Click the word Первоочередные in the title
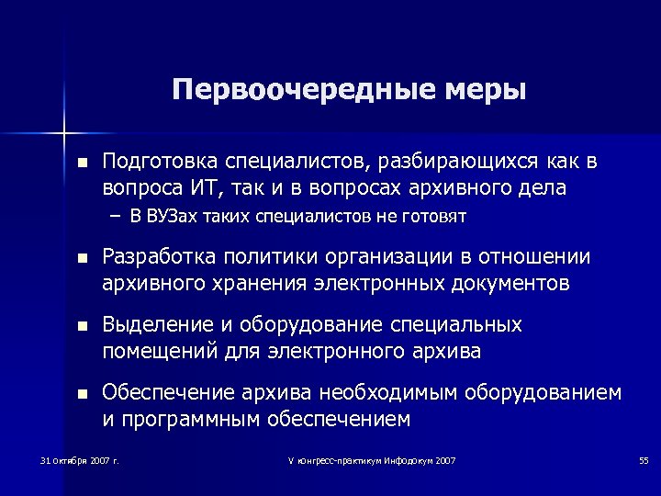[282, 91]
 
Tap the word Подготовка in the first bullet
[156, 163]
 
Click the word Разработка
[153, 256]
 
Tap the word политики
[253, 256]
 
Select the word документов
[510, 282]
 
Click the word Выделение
[150, 325]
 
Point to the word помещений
[153, 351]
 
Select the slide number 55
[643, 459]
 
